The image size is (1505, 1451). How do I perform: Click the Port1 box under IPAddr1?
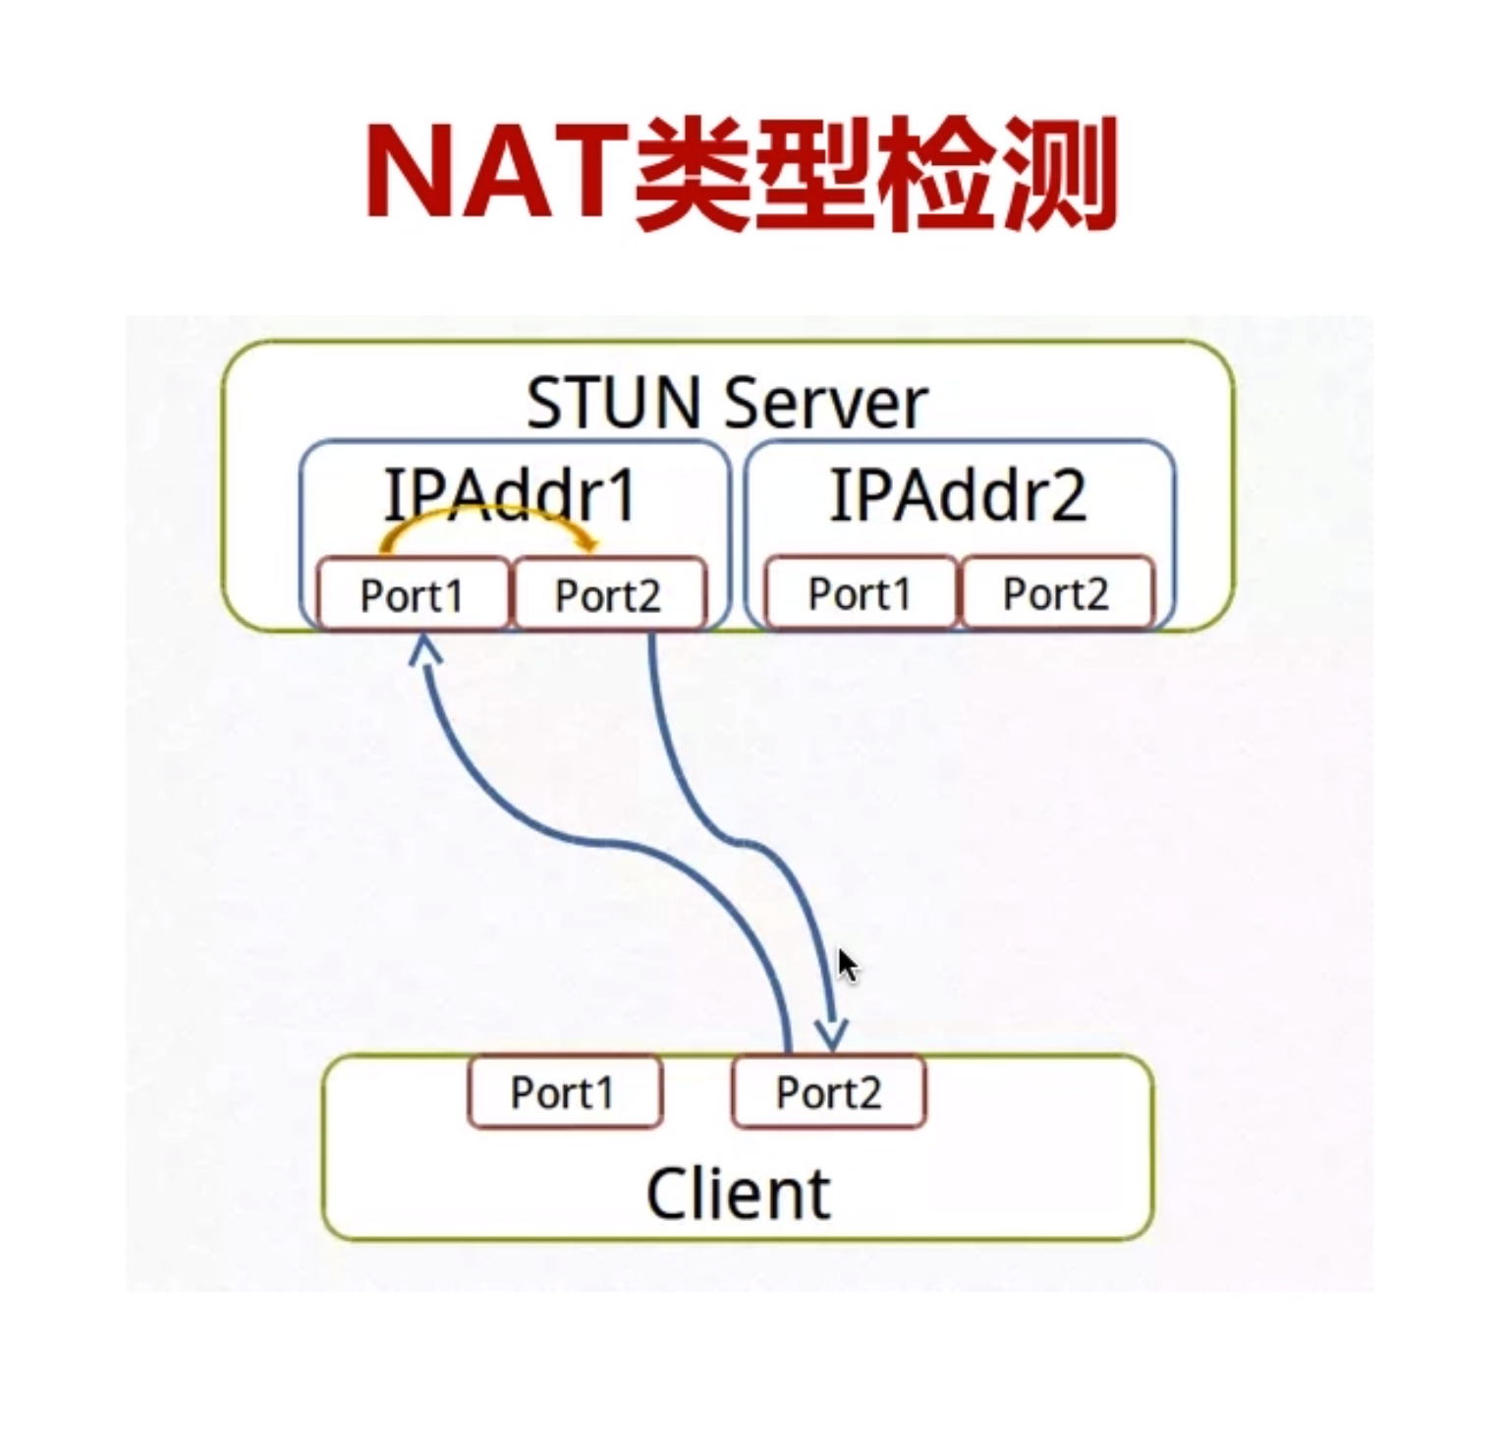[413, 594]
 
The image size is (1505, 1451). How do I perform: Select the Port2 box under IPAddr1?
[608, 594]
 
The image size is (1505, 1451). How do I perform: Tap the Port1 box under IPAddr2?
[861, 592]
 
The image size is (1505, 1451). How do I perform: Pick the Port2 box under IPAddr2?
[1056, 592]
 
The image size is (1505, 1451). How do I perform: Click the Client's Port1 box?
[564, 1091]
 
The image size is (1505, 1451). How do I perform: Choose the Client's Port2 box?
[828, 1091]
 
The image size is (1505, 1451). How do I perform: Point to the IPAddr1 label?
[511, 496]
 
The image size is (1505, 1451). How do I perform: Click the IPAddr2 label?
[958, 496]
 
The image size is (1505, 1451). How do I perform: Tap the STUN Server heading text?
[726, 403]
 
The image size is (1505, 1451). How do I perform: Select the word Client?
[739, 1193]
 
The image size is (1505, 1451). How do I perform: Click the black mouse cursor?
[848, 966]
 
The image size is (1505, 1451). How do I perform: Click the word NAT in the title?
[497, 172]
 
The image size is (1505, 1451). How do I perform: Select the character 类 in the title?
[693, 174]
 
